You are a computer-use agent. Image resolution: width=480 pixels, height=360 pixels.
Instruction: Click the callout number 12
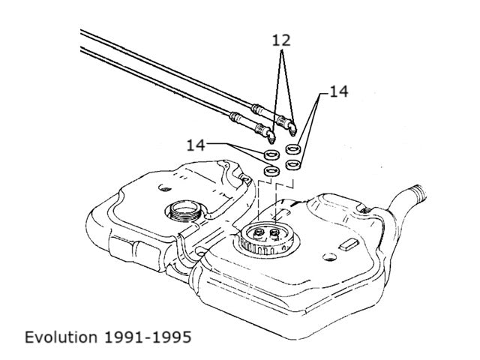click(x=281, y=40)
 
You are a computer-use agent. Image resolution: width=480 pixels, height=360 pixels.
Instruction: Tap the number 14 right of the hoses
click(x=339, y=91)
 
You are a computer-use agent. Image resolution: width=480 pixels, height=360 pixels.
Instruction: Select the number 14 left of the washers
click(x=196, y=145)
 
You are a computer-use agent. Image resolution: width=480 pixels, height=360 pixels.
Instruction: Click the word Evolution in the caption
click(x=61, y=337)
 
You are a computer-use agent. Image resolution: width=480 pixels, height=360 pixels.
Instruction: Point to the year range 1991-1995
click(x=148, y=337)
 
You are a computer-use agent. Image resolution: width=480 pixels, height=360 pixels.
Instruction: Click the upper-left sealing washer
click(x=271, y=154)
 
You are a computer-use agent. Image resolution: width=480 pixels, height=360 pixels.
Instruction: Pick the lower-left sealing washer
click(x=271, y=171)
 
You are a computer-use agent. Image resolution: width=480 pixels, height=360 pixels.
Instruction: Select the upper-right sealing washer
click(x=293, y=149)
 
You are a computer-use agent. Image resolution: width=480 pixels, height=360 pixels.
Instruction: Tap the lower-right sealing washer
click(x=293, y=165)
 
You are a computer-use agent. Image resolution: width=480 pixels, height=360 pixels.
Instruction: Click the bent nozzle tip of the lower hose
click(x=271, y=137)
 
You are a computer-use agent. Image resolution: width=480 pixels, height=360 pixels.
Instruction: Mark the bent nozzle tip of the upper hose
click(x=293, y=129)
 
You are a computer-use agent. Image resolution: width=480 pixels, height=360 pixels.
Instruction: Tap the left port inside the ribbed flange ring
click(x=259, y=232)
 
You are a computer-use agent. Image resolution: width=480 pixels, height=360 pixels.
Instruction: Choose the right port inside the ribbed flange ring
click(x=275, y=233)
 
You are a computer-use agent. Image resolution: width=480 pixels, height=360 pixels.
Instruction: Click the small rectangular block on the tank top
click(x=349, y=245)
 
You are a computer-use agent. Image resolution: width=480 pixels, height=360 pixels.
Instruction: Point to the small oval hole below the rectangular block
click(x=330, y=257)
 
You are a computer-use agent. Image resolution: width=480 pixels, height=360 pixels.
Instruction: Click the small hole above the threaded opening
click(x=165, y=187)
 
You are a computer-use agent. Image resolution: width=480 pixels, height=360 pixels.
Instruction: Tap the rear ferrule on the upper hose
click(x=257, y=109)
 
